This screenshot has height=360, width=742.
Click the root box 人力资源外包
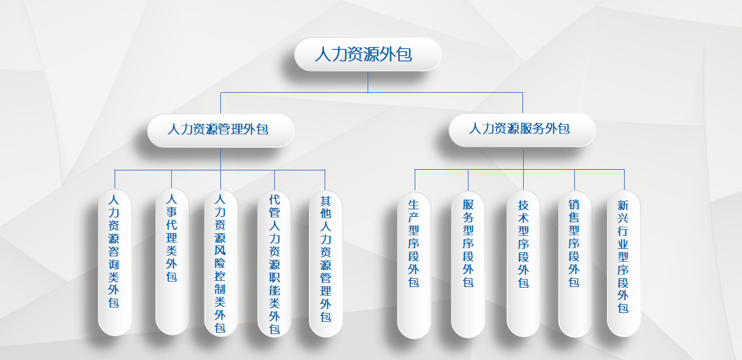click(368, 55)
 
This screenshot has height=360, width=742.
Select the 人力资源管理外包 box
click(220, 130)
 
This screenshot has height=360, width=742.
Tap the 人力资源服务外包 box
click(522, 130)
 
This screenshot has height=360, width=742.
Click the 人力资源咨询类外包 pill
click(115, 262)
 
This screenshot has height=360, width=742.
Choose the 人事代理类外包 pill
click(173, 262)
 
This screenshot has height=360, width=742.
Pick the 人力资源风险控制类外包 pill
click(221, 263)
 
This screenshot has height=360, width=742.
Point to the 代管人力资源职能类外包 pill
click(274, 263)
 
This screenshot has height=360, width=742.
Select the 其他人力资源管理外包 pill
click(325, 263)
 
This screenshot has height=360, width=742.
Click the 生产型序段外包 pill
click(414, 265)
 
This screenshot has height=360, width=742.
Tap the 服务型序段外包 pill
click(468, 265)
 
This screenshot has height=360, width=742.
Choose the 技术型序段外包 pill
click(523, 263)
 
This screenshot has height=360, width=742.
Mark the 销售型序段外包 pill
click(575, 264)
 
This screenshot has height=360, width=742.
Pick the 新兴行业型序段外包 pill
click(624, 263)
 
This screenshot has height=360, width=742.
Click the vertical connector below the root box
click(368, 82)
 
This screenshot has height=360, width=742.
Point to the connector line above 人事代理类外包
click(172, 179)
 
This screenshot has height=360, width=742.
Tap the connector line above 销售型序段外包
click(574, 180)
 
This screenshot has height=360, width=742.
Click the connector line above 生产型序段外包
click(415, 180)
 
